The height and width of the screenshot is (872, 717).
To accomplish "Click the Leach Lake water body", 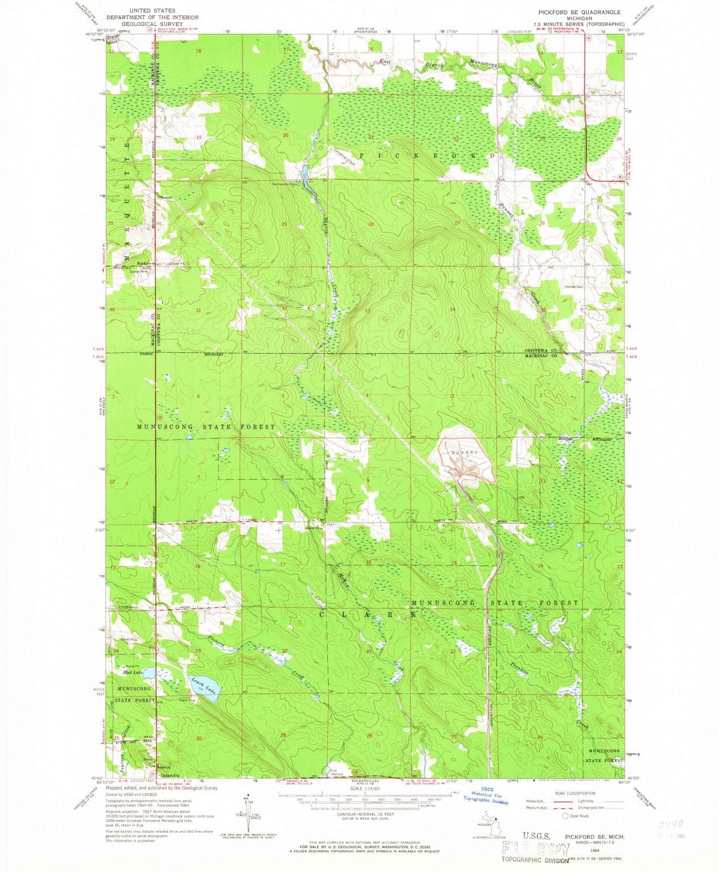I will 206,688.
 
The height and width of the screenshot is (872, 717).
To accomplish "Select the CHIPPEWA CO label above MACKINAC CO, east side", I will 540,350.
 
